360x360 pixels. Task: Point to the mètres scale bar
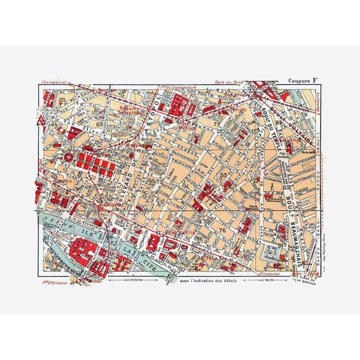(135, 279)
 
